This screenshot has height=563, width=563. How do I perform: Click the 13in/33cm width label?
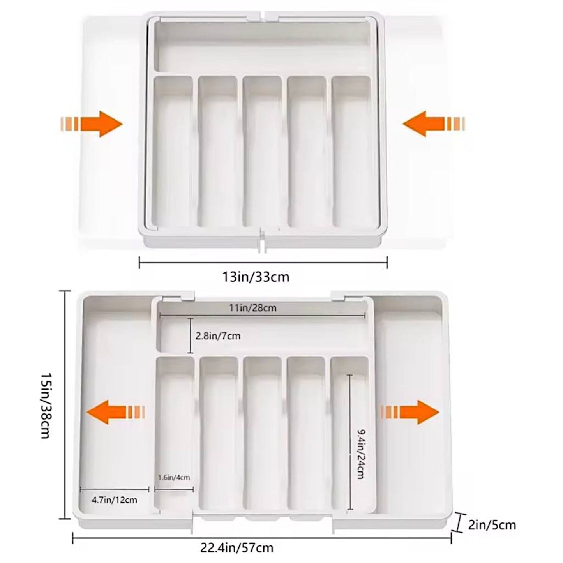(x=256, y=277)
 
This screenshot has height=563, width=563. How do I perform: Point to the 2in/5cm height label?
(x=492, y=509)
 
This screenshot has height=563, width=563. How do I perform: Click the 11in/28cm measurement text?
(x=253, y=308)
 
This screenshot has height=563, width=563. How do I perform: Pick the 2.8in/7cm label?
(x=218, y=336)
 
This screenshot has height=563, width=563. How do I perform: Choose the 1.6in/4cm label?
(x=174, y=478)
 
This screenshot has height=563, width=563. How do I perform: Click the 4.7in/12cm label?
(x=114, y=500)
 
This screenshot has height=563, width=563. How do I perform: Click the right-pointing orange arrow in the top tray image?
(x=91, y=124)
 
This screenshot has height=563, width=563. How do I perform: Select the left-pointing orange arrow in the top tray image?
(x=434, y=124)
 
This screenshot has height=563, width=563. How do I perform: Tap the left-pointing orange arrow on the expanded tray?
(x=116, y=412)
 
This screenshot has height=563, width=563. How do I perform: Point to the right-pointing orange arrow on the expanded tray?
(x=410, y=412)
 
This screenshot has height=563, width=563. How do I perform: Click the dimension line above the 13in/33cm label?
(x=263, y=262)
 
